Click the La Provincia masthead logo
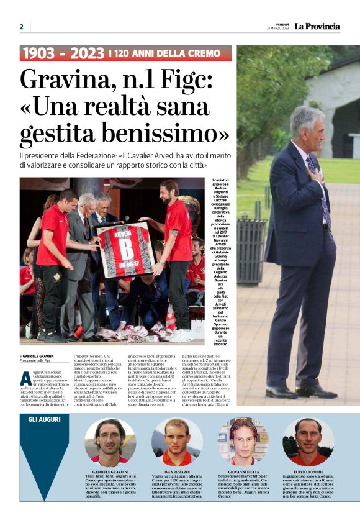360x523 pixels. [x=317, y=26]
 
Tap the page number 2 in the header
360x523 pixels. [x=21, y=27]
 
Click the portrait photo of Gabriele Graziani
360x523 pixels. [x=110, y=442]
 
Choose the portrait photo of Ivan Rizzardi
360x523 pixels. [x=177, y=442]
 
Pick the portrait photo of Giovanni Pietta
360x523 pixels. [x=243, y=442]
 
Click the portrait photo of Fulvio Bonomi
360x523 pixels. [x=308, y=442]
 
